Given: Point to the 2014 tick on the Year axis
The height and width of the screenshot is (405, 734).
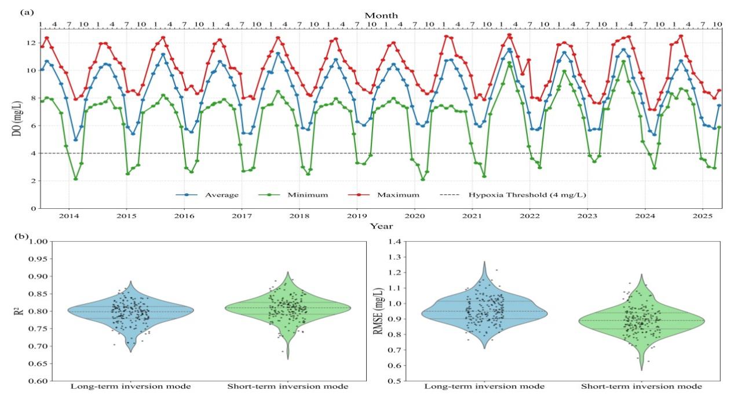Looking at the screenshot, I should (69, 216).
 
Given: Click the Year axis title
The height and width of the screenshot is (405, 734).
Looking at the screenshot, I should (381, 226).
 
